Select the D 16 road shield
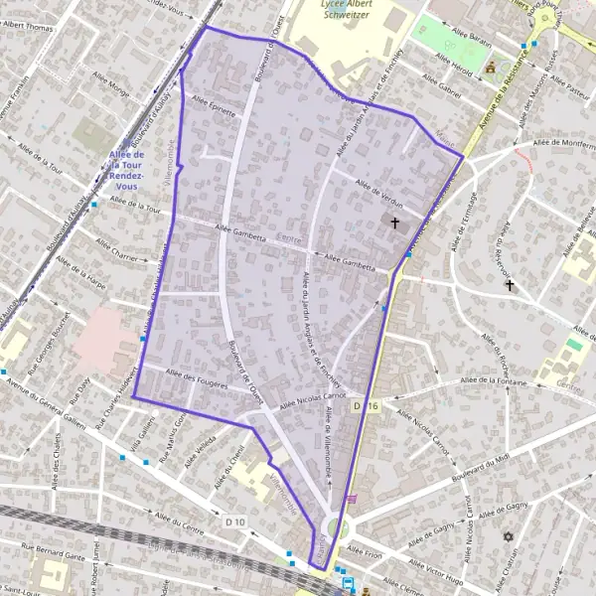point(366,406)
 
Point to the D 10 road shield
point(235,521)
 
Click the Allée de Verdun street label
point(376,188)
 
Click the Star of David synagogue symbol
point(510,536)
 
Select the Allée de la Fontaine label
point(493,380)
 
